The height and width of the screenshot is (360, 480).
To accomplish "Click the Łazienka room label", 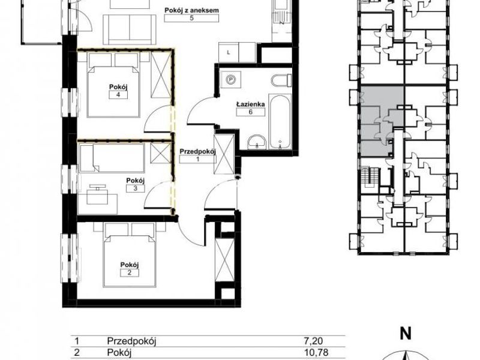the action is click(250, 104).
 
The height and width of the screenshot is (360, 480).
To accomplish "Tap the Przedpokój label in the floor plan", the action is click(198, 152).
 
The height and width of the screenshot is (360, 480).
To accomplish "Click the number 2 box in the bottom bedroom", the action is click(130, 273).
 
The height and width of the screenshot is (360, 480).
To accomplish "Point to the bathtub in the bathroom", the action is click(279, 122).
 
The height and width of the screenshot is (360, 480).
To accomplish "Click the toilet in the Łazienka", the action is click(281, 81).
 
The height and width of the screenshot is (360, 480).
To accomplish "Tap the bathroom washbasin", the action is click(257, 143).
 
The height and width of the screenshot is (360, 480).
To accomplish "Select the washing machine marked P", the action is click(232, 80).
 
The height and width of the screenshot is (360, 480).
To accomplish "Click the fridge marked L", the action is click(229, 52).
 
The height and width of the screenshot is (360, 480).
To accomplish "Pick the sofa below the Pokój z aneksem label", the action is click(130, 29).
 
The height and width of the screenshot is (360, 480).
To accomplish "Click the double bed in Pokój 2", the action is click(130, 255).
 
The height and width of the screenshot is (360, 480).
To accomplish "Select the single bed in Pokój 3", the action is click(112, 158).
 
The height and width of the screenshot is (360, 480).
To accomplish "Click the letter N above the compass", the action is click(406, 334).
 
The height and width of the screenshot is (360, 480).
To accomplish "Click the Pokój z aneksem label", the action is click(191, 10).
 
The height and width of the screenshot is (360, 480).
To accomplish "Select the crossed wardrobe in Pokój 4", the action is click(161, 75).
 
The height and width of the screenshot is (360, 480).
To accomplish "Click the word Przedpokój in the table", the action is click(131, 341).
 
